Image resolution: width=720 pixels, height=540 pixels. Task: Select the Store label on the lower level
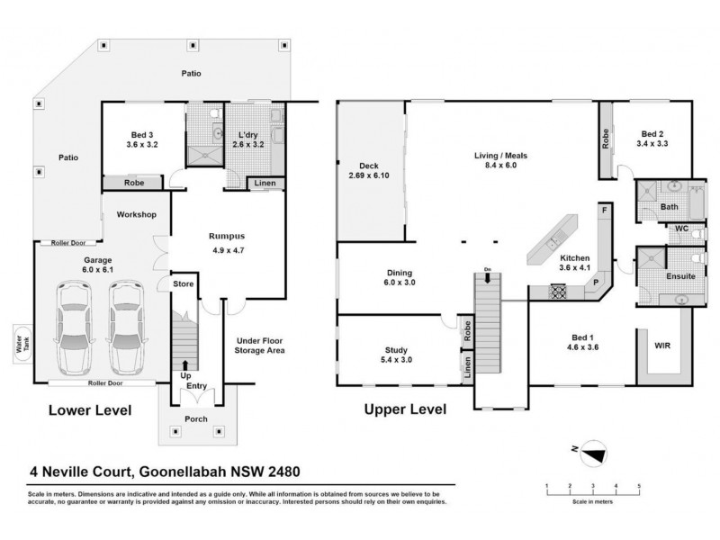(184, 285)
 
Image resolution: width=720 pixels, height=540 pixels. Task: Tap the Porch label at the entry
(195, 419)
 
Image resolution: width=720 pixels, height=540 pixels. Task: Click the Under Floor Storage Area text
(260, 345)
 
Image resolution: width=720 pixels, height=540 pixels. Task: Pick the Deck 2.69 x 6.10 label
(370, 171)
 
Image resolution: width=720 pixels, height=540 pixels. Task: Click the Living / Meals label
(500, 160)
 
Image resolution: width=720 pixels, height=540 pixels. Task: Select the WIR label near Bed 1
(662, 345)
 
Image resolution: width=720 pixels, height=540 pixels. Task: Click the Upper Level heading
(404, 409)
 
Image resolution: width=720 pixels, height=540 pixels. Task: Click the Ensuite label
(680, 275)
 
